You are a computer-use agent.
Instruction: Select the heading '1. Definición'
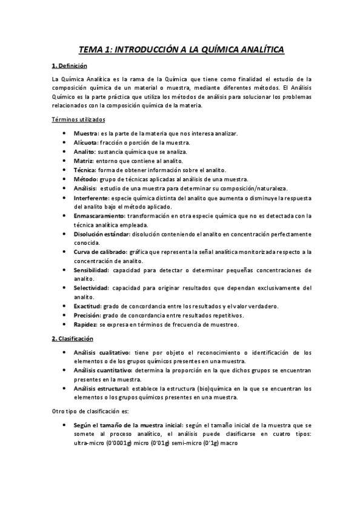[x=70, y=65]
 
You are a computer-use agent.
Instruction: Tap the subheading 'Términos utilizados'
[x=78, y=119]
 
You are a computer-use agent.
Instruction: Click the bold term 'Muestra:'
[x=86, y=133]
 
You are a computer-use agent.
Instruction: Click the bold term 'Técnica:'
[x=85, y=170]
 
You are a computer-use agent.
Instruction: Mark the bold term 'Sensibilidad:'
[x=92, y=270]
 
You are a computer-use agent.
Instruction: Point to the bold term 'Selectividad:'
[x=92, y=288]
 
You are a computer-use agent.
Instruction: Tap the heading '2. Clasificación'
[x=72, y=338]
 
